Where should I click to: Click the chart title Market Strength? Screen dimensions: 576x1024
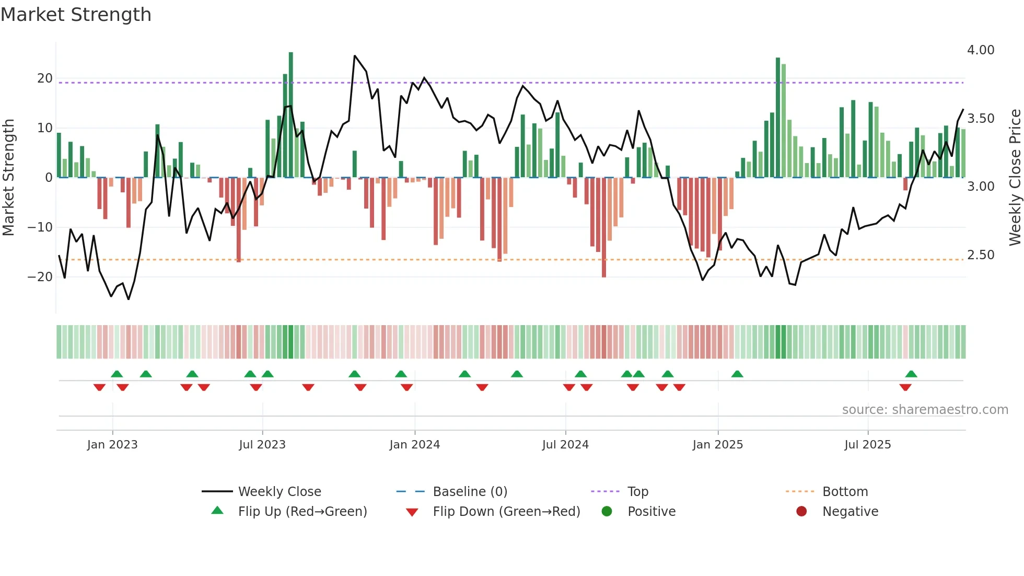(x=76, y=14)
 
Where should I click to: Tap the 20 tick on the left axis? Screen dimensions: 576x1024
(x=45, y=78)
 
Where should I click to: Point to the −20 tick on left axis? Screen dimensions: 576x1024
(x=41, y=277)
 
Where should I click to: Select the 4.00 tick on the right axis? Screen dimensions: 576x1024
(x=980, y=50)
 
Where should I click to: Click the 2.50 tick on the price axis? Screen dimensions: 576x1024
(x=980, y=255)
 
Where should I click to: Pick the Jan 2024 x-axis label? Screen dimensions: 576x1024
(x=414, y=445)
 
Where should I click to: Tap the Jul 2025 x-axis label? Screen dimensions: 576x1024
(x=867, y=445)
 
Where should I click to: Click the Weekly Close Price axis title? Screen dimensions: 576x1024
(x=1015, y=178)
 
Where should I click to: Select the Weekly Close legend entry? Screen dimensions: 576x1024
(x=279, y=492)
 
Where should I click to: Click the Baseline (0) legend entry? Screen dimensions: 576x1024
(x=470, y=492)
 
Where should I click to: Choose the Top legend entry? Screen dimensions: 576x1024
(x=637, y=492)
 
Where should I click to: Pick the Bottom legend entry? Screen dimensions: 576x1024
(x=844, y=492)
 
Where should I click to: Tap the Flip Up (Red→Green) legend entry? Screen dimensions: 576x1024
(x=302, y=512)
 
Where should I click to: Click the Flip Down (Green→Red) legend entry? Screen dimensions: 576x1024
(x=506, y=512)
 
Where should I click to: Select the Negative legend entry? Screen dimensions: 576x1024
(x=850, y=512)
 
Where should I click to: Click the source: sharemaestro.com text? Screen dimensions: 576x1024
(x=925, y=410)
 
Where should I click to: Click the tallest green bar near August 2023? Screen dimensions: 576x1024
(x=291, y=115)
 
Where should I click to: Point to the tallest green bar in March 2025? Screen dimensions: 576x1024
(x=778, y=118)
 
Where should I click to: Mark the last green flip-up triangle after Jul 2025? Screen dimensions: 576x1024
(x=911, y=374)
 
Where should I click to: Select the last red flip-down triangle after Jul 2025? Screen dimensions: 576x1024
(x=905, y=387)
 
